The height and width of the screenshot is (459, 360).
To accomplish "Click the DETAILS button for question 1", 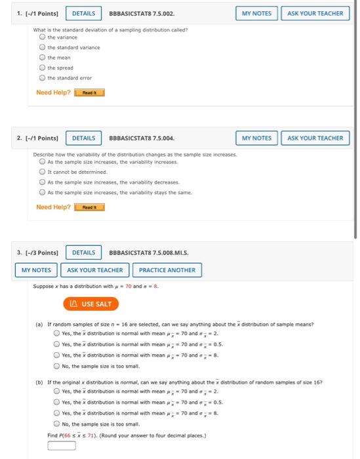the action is pyautogui.click(x=83, y=13).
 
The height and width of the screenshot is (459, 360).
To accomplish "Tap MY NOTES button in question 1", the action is pyautogui.click(x=256, y=13).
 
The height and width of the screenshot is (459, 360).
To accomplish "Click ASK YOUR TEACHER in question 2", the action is pyautogui.click(x=315, y=138).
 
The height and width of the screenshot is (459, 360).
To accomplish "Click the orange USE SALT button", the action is pyautogui.click(x=91, y=304).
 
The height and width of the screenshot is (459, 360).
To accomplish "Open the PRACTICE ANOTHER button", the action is pyautogui.click(x=167, y=270).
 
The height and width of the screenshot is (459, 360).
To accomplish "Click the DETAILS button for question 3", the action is pyautogui.click(x=83, y=252).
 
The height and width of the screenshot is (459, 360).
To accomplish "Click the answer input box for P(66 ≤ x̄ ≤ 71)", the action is pyautogui.click(x=62, y=446).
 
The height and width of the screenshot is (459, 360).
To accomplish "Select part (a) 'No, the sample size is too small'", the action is pyautogui.click(x=57, y=367).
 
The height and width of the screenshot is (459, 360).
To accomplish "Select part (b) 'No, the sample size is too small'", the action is pyautogui.click(x=57, y=424).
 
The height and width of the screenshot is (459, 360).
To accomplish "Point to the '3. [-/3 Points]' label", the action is pyautogui.click(x=37, y=252).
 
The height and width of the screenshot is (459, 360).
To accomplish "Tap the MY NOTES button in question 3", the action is pyautogui.click(x=37, y=270).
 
